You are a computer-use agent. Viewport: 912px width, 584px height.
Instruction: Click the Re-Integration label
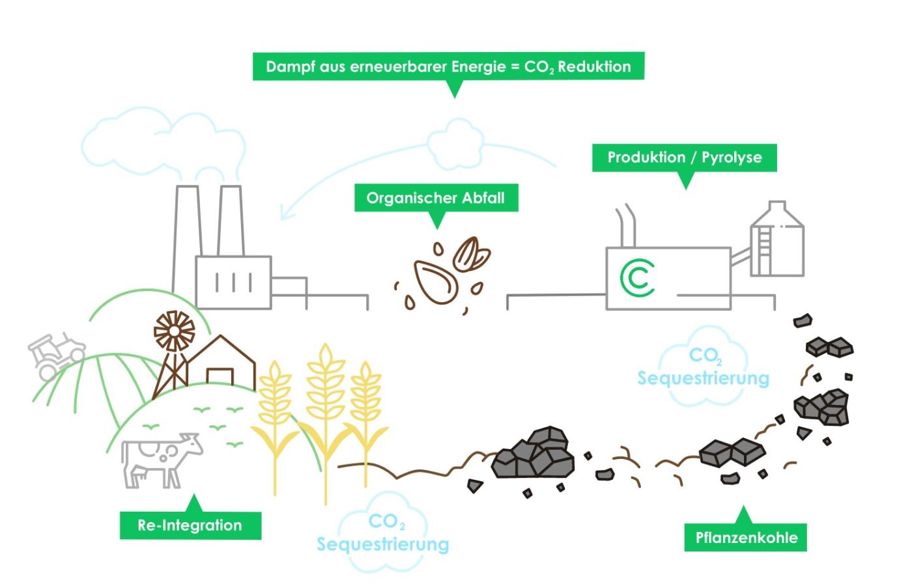tap(190, 525)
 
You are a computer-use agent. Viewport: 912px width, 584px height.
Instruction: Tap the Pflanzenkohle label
tap(746, 538)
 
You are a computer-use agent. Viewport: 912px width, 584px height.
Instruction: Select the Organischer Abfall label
tap(435, 198)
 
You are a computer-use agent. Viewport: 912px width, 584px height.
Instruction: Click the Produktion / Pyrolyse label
tap(684, 158)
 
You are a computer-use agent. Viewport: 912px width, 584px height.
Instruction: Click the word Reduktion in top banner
tap(594, 67)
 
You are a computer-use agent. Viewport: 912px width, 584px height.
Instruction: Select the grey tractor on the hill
tap(56, 355)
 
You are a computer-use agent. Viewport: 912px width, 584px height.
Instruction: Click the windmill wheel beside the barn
tap(174, 331)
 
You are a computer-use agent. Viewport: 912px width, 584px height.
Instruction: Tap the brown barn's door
tap(220, 377)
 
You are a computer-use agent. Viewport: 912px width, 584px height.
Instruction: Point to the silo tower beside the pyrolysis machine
tap(777, 240)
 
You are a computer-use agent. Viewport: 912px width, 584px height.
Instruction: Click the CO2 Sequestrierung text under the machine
tap(704, 368)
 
